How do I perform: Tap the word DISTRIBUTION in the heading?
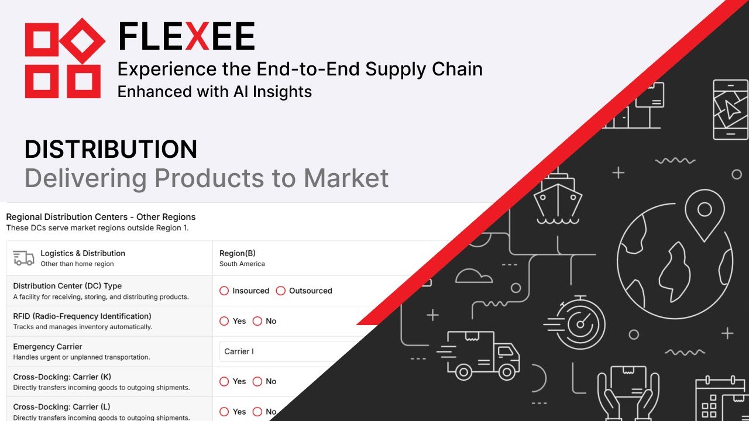pyautogui.click(x=111, y=150)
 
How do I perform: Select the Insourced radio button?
pyautogui.click(x=224, y=291)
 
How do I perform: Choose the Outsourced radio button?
pyautogui.click(x=281, y=291)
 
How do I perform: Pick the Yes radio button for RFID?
pyautogui.click(x=224, y=321)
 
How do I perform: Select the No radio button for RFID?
pyautogui.click(x=257, y=321)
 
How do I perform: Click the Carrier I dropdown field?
pyautogui.click(x=287, y=351)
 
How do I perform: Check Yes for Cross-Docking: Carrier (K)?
pyautogui.click(x=224, y=381)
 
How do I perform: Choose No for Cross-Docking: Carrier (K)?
pyautogui.click(x=257, y=381)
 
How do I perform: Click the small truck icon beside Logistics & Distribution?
pyautogui.click(x=23, y=258)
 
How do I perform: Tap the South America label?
pyautogui.click(x=242, y=264)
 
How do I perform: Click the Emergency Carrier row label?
pyautogui.click(x=47, y=347)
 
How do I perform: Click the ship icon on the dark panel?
pyautogui.click(x=557, y=196)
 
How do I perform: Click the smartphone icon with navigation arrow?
pyautogui.click(x=730, y=109)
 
